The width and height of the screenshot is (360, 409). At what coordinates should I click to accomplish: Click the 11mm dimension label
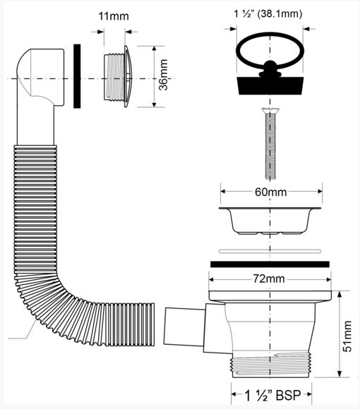(x=114, y=16)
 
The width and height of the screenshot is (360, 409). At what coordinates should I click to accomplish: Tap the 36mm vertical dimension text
(x=164, y=75)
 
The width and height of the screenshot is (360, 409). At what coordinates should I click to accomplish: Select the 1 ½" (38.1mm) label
(x=268, y=13)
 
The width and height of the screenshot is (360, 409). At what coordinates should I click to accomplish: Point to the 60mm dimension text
(x=271, y=193)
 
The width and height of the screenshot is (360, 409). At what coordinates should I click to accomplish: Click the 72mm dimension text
(x=269, y=279)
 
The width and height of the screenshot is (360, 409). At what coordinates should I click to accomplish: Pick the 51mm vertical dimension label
(x=347, y=336)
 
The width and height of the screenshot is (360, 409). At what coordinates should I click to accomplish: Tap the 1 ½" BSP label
(x=272, y=395)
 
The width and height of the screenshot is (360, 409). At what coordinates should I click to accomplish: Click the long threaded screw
(x=270, y=144)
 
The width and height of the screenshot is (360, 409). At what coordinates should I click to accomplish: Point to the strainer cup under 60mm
(x=270, y=221)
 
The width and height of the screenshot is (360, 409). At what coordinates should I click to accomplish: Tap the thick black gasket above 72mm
(x=270, y=264)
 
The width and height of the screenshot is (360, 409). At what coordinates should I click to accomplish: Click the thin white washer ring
(x=270, y=251)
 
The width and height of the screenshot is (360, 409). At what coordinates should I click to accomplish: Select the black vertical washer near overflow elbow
(x=77, y=76)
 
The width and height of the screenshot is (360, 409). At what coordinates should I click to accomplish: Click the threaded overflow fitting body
(x=114, y=77)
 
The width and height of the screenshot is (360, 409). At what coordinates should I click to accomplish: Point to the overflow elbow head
(x=40, y=77)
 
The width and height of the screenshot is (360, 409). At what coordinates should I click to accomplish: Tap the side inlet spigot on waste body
(x=184, y=326)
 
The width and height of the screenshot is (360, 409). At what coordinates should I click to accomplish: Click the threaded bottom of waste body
(x=271, y=365)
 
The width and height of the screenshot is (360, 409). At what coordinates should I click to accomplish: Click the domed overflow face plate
(x=128, y=77)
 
